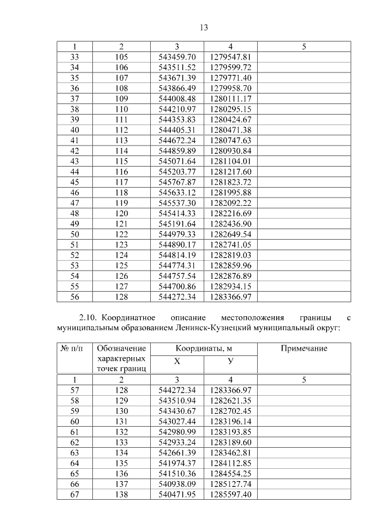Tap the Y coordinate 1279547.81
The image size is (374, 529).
(230, 57)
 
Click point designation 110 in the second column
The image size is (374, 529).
(121, 109)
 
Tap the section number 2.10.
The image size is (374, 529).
(88, 317)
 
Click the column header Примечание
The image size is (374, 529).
(304, 349)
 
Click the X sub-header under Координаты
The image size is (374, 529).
(176, 361)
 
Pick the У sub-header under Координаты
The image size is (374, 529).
(230, 361)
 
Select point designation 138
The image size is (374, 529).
(121, 495)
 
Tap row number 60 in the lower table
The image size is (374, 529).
(74, 421)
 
